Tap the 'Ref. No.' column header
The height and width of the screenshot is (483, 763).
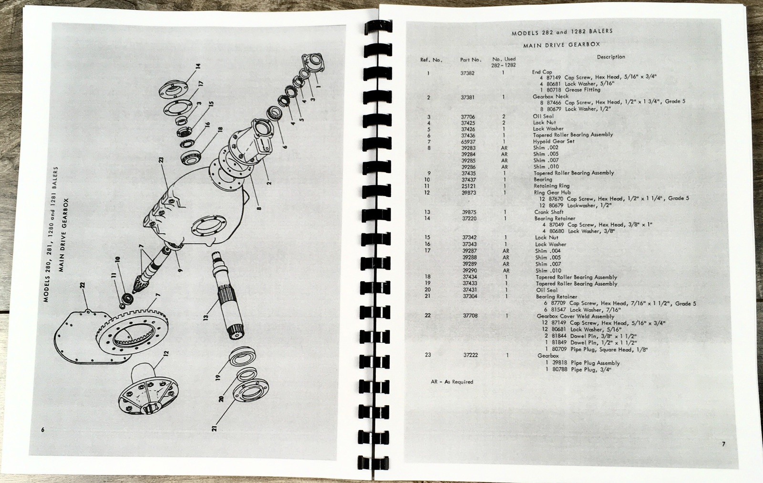(431, 60)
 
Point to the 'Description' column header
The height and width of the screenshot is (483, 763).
(611, 57)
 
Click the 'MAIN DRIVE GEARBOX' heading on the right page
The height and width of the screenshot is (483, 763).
(561, 45)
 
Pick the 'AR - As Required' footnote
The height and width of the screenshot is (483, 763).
(452, 382)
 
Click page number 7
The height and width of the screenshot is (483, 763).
(723, 444)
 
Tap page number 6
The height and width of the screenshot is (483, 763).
(42, 430)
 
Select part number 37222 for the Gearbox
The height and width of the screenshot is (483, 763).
(470, 355)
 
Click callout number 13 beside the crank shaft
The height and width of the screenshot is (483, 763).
(206, 316)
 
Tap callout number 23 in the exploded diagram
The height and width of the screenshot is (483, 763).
(161, 159)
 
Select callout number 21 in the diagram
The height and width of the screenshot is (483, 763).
(214, 428)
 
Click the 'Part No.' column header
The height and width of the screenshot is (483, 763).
(470, 60)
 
